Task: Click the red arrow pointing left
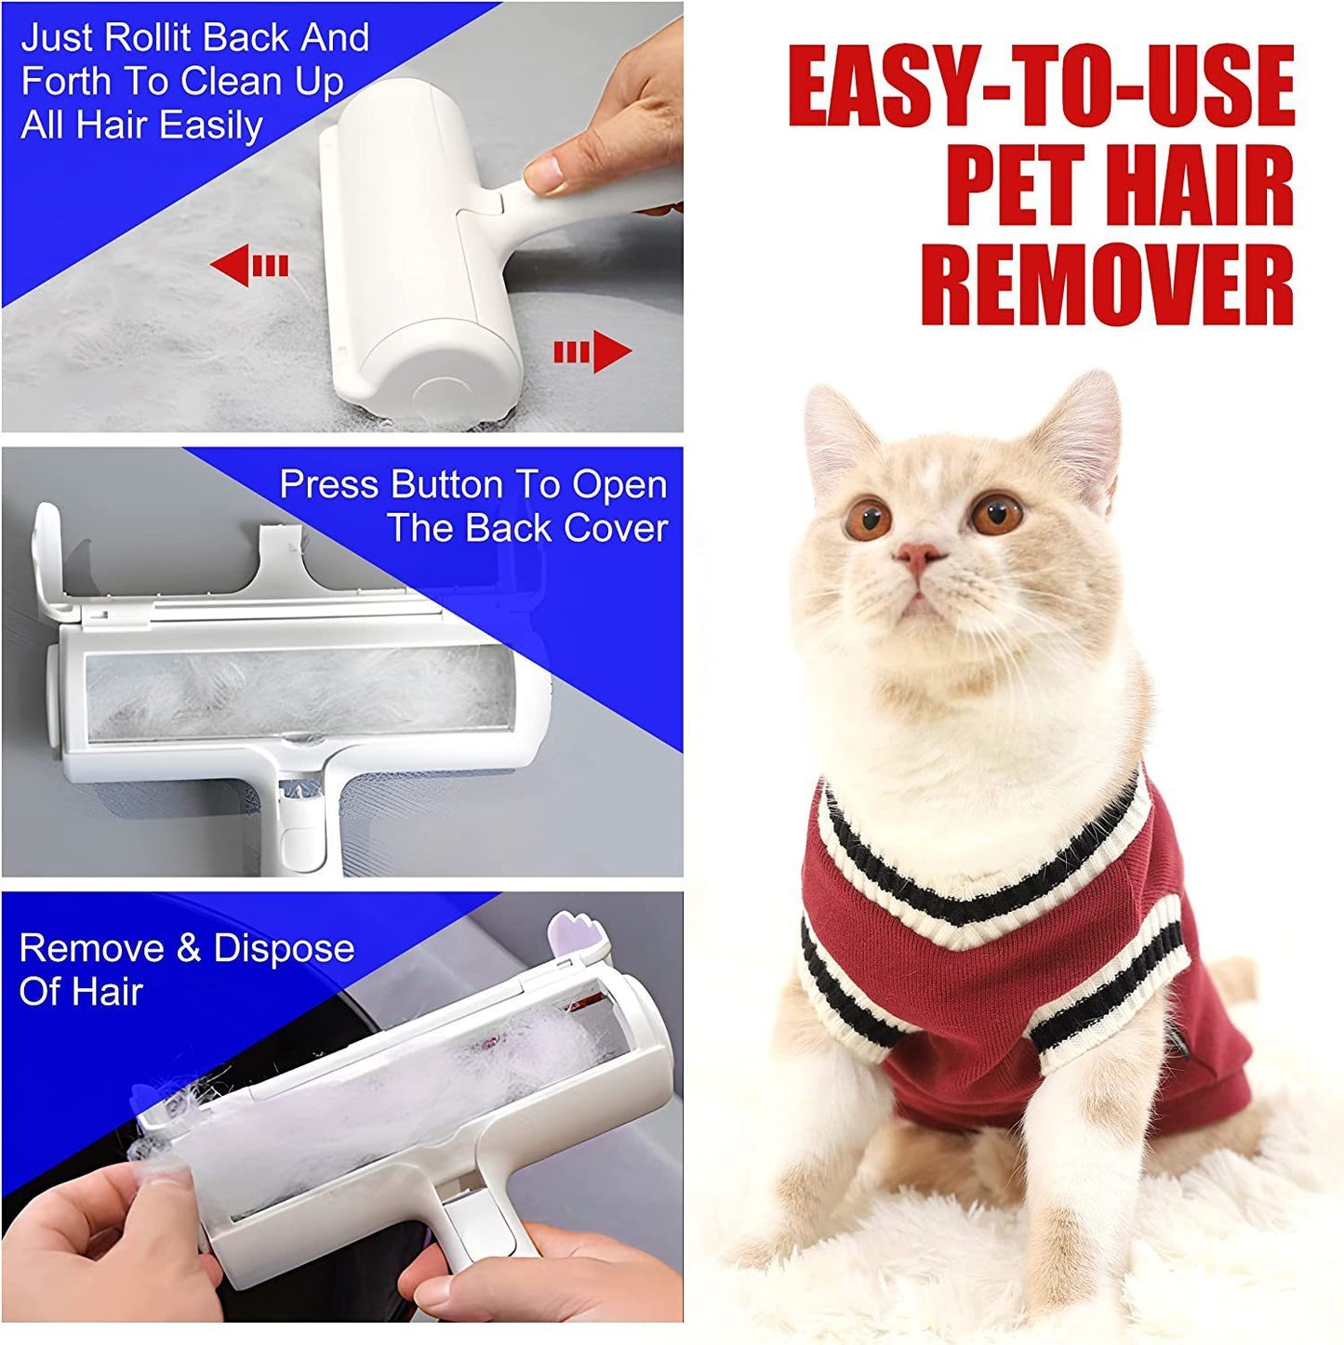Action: (x=249, y=267)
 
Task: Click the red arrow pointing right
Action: (x=593, y=351)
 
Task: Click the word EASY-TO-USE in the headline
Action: (x=1041, y=86)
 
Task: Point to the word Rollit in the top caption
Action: (x=156, y=38)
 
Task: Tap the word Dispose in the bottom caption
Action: (x=284, y=948)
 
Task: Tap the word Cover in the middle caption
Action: (x=616, y=528)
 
